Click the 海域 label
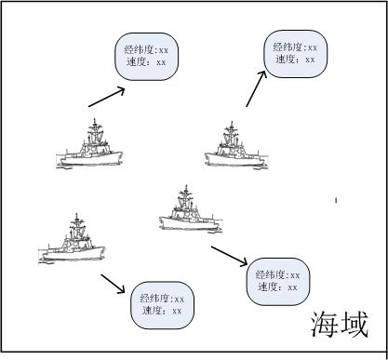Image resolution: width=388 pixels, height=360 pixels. click(341, 324)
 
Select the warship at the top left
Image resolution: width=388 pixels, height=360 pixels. click(89, 147)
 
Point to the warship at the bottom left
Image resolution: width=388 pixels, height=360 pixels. click(72, 241)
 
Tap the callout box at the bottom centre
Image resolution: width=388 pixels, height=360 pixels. click(164, 304)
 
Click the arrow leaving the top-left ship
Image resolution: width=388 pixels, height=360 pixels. click(105, 97)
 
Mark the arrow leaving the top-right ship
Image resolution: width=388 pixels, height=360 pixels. click(254, 92)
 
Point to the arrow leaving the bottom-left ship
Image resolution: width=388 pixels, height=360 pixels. click(113, 283)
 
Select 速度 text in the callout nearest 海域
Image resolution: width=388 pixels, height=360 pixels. click(269, 287)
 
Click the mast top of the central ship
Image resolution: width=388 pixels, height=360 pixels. click(184, 189)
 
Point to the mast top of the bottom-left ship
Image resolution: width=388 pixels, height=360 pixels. click(75, 217)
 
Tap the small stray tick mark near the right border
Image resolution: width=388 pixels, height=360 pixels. click(336, 199)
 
